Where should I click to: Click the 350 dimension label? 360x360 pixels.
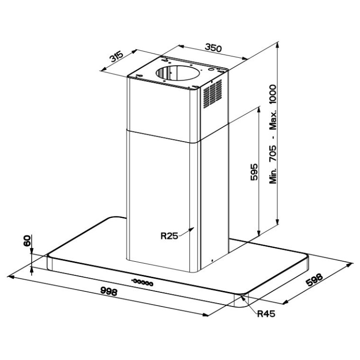pos(213,48)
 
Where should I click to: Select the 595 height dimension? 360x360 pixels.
pos(254,172)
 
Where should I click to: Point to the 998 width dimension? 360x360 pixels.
pos(109,291)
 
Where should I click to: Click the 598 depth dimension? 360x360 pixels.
pos(315,280)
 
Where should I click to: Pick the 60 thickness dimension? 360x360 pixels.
pos(27,241)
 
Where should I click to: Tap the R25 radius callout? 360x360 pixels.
pos(169,236)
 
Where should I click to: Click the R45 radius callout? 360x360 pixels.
pos(266,314)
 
